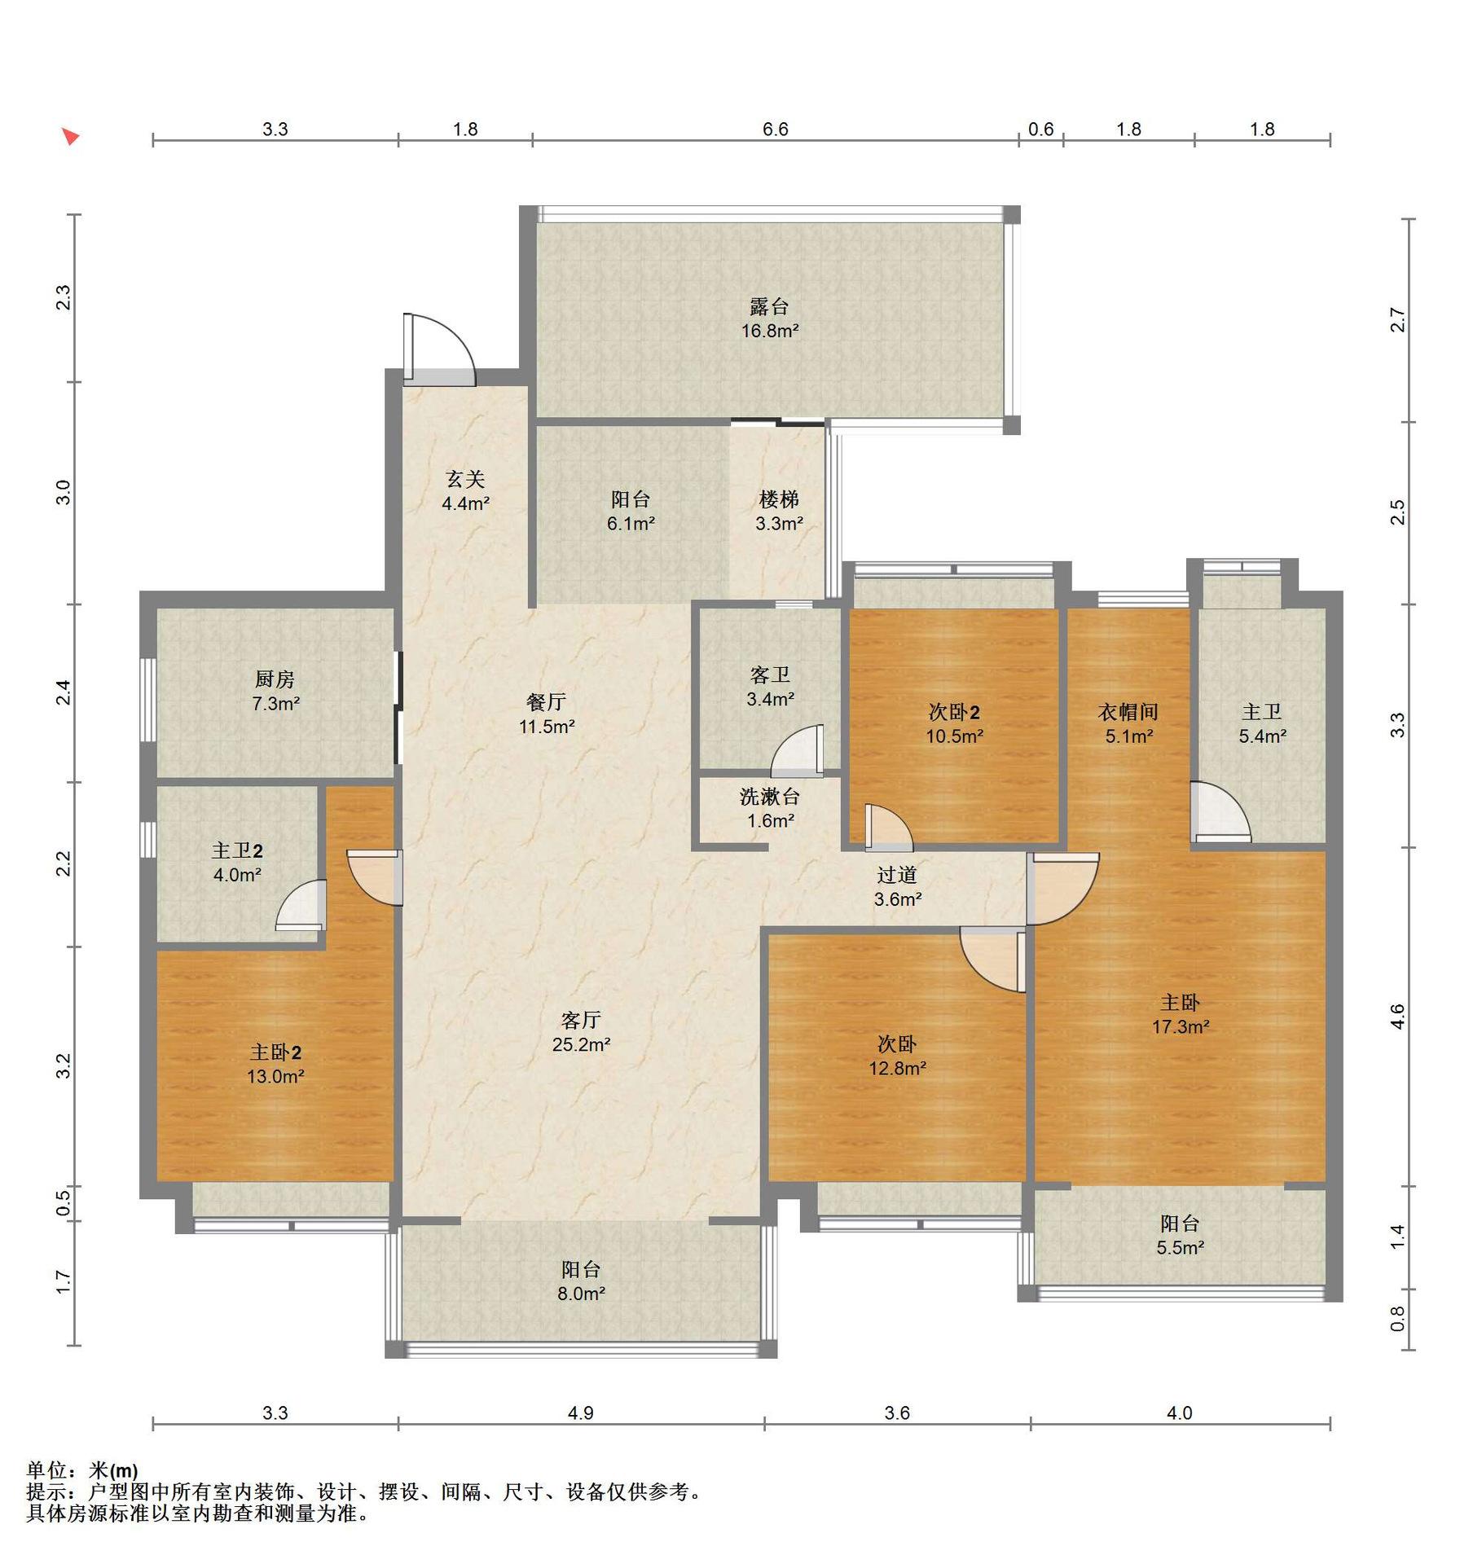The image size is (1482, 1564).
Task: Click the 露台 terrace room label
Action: click(769, 306)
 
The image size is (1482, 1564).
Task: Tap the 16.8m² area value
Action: click(769, 331)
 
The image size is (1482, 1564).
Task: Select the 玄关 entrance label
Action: click(465, 479)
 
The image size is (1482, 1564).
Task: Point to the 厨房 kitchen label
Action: click(275, 679)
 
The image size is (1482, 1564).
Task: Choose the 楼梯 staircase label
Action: click(779, 499)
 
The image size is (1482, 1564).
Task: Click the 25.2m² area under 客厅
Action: click(581, 1044)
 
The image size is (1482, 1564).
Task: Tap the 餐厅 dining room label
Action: click(547, 701)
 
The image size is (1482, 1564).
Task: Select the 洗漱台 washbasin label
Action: click(770, 796)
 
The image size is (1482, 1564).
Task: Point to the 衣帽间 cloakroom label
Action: click(1128, 712)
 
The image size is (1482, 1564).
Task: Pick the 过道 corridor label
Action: click(897, 875)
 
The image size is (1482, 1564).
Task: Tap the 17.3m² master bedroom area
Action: click(1180, 1026)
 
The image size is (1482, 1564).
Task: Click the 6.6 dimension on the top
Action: click(776, 130)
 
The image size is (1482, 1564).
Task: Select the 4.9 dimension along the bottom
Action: click(581, 1413)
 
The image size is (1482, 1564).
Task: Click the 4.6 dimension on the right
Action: click(1397, 1017)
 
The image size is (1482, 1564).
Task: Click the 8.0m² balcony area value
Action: click(581, 1294)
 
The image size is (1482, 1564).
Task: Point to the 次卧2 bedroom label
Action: click(954, 712)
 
